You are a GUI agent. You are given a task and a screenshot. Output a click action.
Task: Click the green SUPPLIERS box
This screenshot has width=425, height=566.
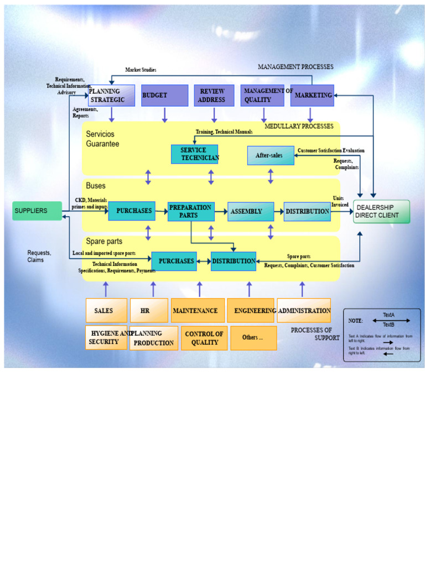[x=37, y=211]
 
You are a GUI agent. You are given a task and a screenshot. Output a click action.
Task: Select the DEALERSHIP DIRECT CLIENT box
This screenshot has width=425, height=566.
[x=382, y=211]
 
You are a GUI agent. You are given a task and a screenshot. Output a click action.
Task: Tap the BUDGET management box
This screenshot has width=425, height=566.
[x=164, y=95]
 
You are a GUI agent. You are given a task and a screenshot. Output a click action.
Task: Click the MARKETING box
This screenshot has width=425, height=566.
[x=312, y=95]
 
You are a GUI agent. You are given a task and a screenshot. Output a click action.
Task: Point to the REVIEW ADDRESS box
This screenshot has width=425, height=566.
[x=214, y=95]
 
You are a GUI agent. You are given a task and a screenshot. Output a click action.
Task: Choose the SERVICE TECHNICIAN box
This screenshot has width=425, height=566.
[x=194, y=154]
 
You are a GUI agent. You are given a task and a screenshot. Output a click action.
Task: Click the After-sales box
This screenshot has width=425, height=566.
[x=271, y=155]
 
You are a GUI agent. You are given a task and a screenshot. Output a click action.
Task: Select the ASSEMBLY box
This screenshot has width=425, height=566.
[x=251, y=211]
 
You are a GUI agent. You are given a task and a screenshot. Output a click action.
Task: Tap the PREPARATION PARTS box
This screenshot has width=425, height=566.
[x=191, y=211]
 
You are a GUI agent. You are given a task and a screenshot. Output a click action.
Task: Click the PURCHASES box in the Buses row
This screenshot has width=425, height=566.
[x=132, y=211]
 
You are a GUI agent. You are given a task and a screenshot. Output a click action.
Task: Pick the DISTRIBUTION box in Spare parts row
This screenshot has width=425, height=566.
[x=233, y=261]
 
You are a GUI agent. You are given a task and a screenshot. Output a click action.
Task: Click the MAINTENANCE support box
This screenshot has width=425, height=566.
[x=198, y=311]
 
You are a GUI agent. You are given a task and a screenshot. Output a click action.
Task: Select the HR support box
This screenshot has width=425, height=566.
[x=149, y=311]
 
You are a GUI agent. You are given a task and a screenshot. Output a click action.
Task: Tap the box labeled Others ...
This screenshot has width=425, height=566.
[x=253, y=338]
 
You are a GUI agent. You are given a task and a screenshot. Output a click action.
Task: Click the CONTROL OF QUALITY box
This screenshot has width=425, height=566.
[x=204, y=338]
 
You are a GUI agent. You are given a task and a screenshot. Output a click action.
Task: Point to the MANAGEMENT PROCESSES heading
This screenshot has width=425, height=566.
[x=296, y=67]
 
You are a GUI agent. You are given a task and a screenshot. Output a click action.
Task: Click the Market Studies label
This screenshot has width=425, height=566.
[x=141, y=70]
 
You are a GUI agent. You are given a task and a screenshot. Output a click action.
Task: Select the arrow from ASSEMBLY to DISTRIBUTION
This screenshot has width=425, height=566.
[x=279, y=211]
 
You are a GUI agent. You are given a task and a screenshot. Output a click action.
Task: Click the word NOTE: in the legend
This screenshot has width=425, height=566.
[x=355, y=321]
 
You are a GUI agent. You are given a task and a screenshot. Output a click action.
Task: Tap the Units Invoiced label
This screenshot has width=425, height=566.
[x=340, y=201]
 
